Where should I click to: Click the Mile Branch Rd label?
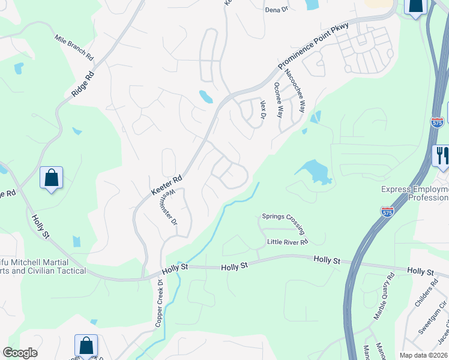74,48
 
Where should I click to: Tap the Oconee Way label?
278,100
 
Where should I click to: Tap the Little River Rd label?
288,242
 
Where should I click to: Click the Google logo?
20,353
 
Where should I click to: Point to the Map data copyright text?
424,355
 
